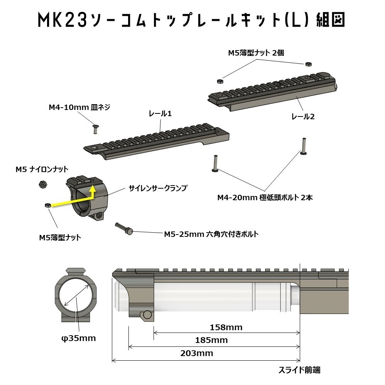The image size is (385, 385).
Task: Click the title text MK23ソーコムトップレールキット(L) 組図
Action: (x=192, y=20)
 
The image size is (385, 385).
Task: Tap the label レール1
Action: (x=160, y=114)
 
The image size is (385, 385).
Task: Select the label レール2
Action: (x=303, y=116)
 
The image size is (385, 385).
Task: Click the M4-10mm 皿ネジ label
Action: (x=79, y=107)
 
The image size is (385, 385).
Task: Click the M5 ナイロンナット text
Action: (x=42, y=169)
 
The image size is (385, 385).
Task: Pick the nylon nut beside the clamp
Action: (x=43, y=184)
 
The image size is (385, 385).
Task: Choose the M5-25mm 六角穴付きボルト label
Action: (x=211, y=234)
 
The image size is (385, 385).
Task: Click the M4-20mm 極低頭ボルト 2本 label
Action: (x=265, y=198)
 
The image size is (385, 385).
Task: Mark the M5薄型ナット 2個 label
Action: (x=256, y=53)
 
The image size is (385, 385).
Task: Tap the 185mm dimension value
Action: (x=211, y=340)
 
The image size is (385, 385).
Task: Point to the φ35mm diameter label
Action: (x=78, y=338)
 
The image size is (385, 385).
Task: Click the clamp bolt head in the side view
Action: (x=147, y=315)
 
